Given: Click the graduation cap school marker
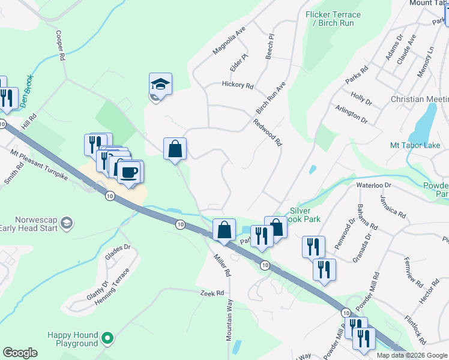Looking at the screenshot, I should [x=160, y=85].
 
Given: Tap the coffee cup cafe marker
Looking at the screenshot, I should [x=130, y=173].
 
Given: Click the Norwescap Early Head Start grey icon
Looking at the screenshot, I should [x=67, y=224].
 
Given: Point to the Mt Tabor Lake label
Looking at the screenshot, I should [x=415, y=145].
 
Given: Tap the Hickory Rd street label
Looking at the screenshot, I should [x=237, y=85].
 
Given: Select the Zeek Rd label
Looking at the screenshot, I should [x=212, y=293].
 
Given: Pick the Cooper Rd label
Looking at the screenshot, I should [x=61, y=46].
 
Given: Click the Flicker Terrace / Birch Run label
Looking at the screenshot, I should [x=333, y=19].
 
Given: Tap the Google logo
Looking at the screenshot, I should [x=20, y=353].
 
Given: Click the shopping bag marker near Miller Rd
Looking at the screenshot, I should [x=224, y=231].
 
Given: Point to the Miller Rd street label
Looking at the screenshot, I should [x=222, y=265].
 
